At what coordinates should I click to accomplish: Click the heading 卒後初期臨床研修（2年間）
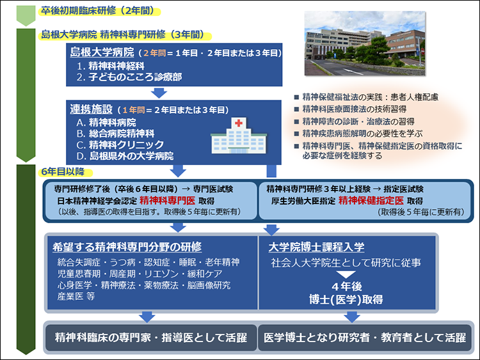pos(98,11)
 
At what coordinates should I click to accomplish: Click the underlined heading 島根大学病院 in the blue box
pos(102,52)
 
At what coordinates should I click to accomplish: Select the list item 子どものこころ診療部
pos(135,77)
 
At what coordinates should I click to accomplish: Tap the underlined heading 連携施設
pos(92,109)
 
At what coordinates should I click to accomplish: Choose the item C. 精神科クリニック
pos(120,145)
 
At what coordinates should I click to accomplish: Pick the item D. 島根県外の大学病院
pos(125,156)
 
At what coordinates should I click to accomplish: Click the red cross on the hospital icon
pos(239,123)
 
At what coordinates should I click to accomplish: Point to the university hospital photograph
pos(365,43)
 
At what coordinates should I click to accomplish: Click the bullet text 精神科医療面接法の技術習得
pos(355,109)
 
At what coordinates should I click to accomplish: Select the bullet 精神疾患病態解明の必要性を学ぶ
pos(362,134)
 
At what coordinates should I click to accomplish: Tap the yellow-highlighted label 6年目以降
pos(63,171)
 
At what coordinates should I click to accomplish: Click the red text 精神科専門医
pos(167,201)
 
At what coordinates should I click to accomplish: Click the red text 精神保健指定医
pos(371,201)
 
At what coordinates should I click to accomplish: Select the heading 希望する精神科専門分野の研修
pos(127,247)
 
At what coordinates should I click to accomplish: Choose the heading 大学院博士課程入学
pos(317,247)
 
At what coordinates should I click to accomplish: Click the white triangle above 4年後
pos(346,274)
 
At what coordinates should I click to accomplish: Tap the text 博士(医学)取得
pos(346,299)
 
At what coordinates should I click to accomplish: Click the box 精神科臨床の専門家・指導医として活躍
pos(151,338)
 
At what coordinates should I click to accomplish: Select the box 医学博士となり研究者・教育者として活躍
pos(365,338)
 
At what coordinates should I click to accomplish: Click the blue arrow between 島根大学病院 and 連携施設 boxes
pos(159,93)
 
